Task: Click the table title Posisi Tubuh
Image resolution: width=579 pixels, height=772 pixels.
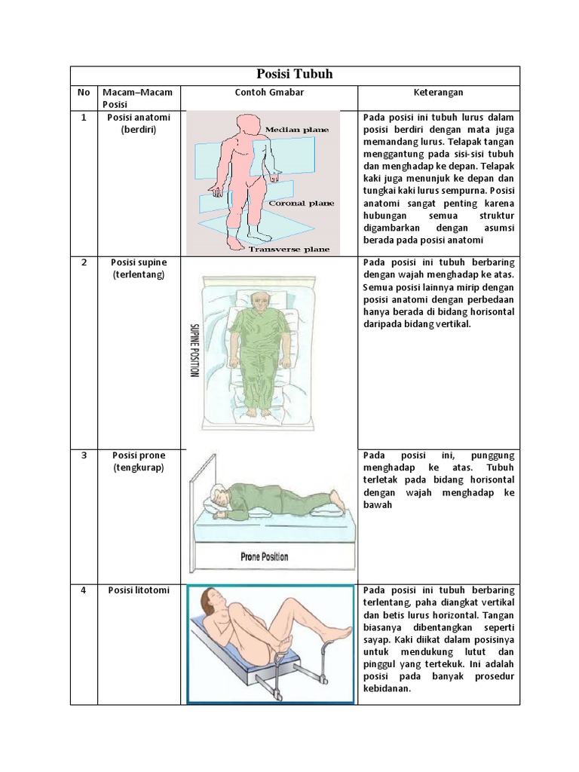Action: point(295,75)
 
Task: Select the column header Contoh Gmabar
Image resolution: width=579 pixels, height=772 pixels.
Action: point(268,93)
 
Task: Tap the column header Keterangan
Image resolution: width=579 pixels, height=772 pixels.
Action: point(438,93)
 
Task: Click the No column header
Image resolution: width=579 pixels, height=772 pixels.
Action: point(84,93)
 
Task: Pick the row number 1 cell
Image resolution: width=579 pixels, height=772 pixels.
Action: point(84,118)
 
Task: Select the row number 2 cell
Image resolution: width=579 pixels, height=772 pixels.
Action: point(84,262)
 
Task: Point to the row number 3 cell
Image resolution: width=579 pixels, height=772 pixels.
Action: point(84,455)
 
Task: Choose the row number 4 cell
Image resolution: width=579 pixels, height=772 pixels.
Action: point(84,590)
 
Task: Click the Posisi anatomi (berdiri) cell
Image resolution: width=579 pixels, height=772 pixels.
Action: point(139,124)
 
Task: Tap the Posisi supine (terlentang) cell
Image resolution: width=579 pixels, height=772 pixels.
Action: point(139,268)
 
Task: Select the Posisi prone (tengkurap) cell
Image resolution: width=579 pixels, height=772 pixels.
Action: point(139,461)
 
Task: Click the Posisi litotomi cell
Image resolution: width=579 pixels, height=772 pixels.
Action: point(139,590)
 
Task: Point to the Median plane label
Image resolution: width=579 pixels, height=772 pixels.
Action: point(296,130)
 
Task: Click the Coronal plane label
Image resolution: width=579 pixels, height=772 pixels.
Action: point(301,203)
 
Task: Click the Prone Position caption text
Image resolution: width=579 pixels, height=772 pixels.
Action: point(264,557)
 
